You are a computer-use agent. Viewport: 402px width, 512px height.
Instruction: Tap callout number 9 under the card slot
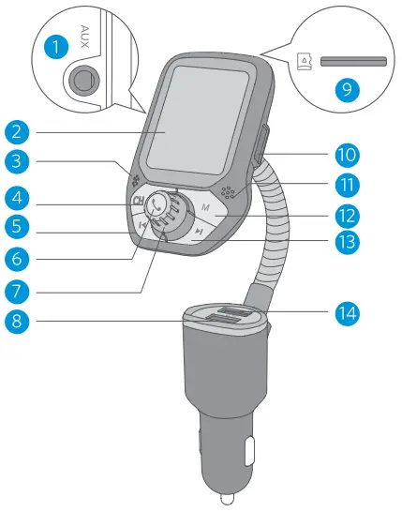tap(350, 90)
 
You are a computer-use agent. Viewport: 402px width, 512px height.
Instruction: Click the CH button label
tap(139, 201)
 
